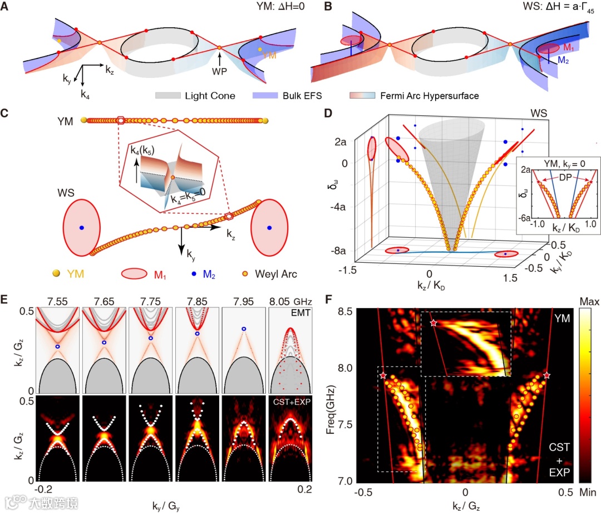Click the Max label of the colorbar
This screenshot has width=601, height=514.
pos(589,303)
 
